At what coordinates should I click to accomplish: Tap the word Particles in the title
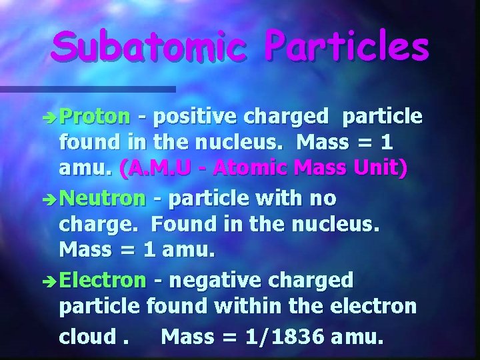[345, 47]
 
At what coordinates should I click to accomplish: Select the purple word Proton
[95, 117]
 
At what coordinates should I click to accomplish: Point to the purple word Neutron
[102, 199]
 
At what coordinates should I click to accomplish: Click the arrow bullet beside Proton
[51, 119]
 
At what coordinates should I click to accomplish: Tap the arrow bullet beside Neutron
[51, 200]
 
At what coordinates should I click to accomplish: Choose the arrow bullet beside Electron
[51, 281]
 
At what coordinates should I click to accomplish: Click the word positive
[195, 117]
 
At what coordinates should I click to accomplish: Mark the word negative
[211, 280]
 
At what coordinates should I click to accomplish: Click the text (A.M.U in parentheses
[151, 170]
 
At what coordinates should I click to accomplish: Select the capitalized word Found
[184, 225]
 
